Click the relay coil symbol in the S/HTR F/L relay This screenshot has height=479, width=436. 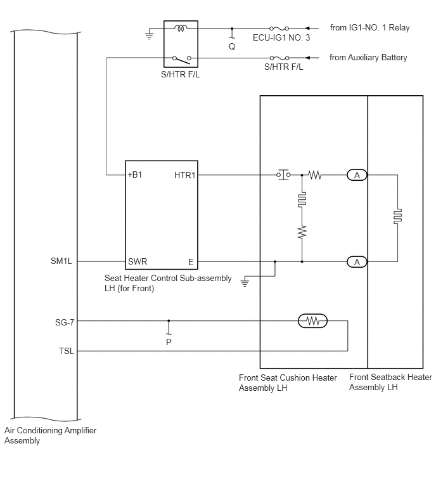(x=181, y=29)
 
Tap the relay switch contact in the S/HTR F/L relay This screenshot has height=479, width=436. (x=182, y=59)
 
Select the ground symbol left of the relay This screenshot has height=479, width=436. (x=149, y=34)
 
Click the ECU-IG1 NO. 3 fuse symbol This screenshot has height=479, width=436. (x=279, y=29)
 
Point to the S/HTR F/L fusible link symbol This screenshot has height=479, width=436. (x=279, y=58)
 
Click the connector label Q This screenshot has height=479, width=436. (x=232, y=46)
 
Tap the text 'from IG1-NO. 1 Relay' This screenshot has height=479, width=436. (x=370, y=27)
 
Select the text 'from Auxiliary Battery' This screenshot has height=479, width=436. (x=368, y=58)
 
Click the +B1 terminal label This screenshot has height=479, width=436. (x=135, y=174)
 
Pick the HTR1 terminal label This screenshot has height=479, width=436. (x=184, y=175)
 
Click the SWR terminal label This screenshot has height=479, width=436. (x=138, y=261)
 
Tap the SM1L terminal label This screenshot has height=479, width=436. (x=61, y=261)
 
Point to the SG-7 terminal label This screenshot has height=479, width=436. (x=65, y=322)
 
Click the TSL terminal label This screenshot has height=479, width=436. (x=67, y=351)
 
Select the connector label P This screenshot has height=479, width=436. (x=169, y=342)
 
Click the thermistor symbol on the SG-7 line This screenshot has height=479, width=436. (x=312, y=321)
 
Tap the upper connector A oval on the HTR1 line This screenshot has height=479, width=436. (x=357, y=175)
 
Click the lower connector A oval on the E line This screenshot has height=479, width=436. (x=357, y=262)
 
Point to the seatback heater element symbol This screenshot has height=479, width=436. (x=397, y=216)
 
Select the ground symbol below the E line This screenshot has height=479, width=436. (x=245, y=281)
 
